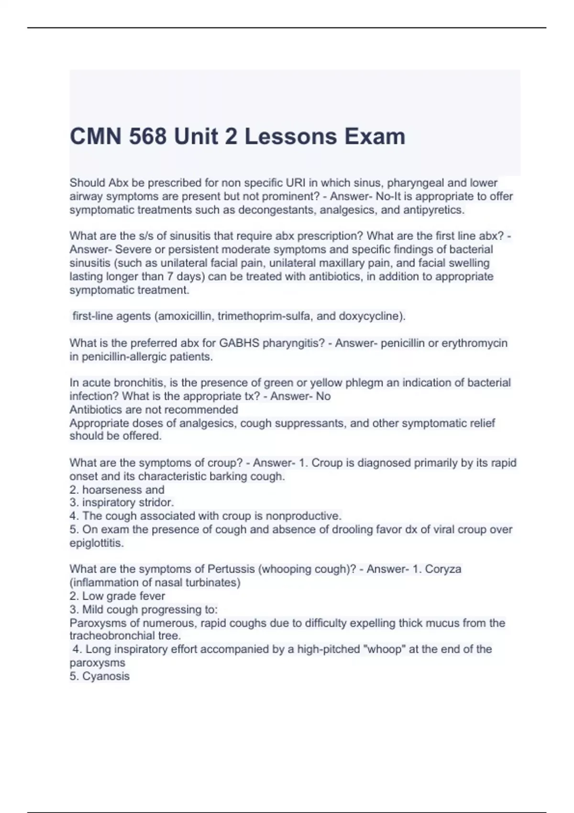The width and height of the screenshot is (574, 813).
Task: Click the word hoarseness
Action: [x=109, y=490]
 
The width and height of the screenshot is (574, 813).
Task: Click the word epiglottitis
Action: [x=96, y=543]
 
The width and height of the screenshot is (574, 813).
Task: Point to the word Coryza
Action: [x=443, y=569]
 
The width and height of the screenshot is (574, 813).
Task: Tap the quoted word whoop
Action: [x=388, y=649]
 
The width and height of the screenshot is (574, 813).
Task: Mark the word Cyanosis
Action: [x=106, y=676]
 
